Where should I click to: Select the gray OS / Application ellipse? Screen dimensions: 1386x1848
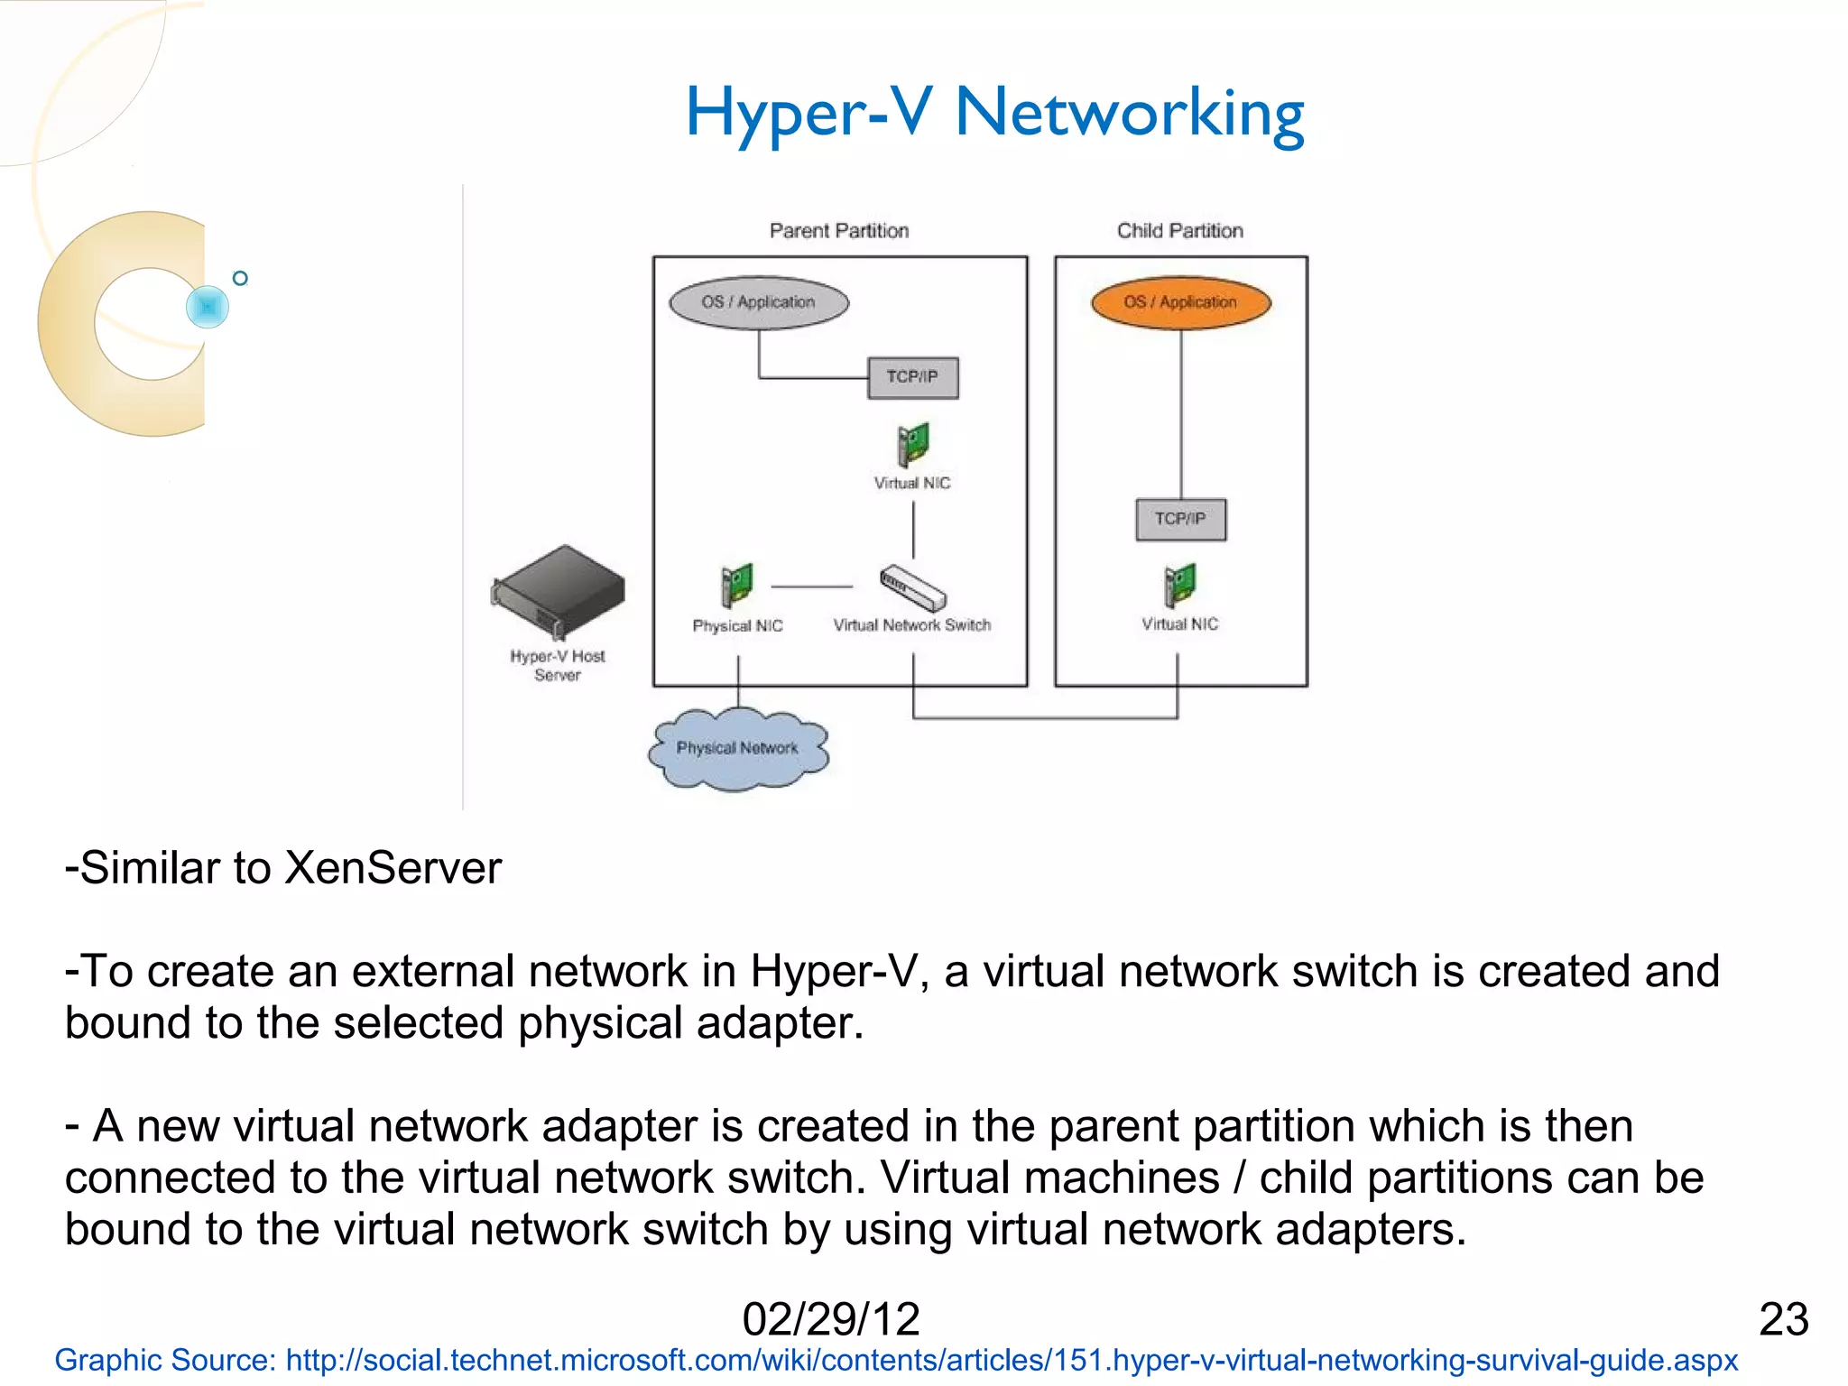pyautogui.click(x=758, y=302)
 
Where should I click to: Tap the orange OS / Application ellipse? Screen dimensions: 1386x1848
pyautogui.click(x=1180, y=302)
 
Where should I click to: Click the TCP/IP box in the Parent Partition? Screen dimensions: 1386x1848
pyautogui.click(x=912, y=377)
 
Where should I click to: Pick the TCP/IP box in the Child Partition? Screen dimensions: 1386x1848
pyautogui.click(x=1180, y=519)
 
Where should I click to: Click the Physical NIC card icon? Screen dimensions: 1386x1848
pyautogui.click(x=736, y=585)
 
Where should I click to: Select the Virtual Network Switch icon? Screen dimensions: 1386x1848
pyautogui.click(x=912, y=587)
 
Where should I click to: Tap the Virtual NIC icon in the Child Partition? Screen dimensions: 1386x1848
pyautogui.click(x=1179, y=585)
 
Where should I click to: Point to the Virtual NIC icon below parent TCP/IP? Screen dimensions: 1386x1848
pyautogui.click(x=912, y=444)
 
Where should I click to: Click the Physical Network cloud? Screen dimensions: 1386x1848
pyautogui.click(x=737, y=749)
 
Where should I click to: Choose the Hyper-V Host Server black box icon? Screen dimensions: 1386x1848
pyautogui.click(x=559, y=591)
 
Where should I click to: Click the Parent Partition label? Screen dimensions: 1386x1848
pyautogui.click(x=838, y=231)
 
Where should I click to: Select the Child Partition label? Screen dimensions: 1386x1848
pyautogui.click(x=1179, y=231)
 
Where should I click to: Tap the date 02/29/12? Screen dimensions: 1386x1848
pyautogui.click(x=830, y=1319)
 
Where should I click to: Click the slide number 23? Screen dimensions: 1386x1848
pyautogui.click(x=1783, y=1319)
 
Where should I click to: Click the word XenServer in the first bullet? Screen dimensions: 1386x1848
pyautogui.click(x=393, y=868)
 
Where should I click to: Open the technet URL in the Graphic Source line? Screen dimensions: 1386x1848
pyautogui.click(x=1011, y=1360)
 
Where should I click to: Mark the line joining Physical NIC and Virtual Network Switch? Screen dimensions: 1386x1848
pyautogui.click(x=811, y=587)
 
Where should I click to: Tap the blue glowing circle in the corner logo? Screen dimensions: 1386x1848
pyautogui.click(x=208, y=307)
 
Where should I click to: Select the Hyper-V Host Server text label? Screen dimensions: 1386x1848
pyautogui.click(x=557, y=666)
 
